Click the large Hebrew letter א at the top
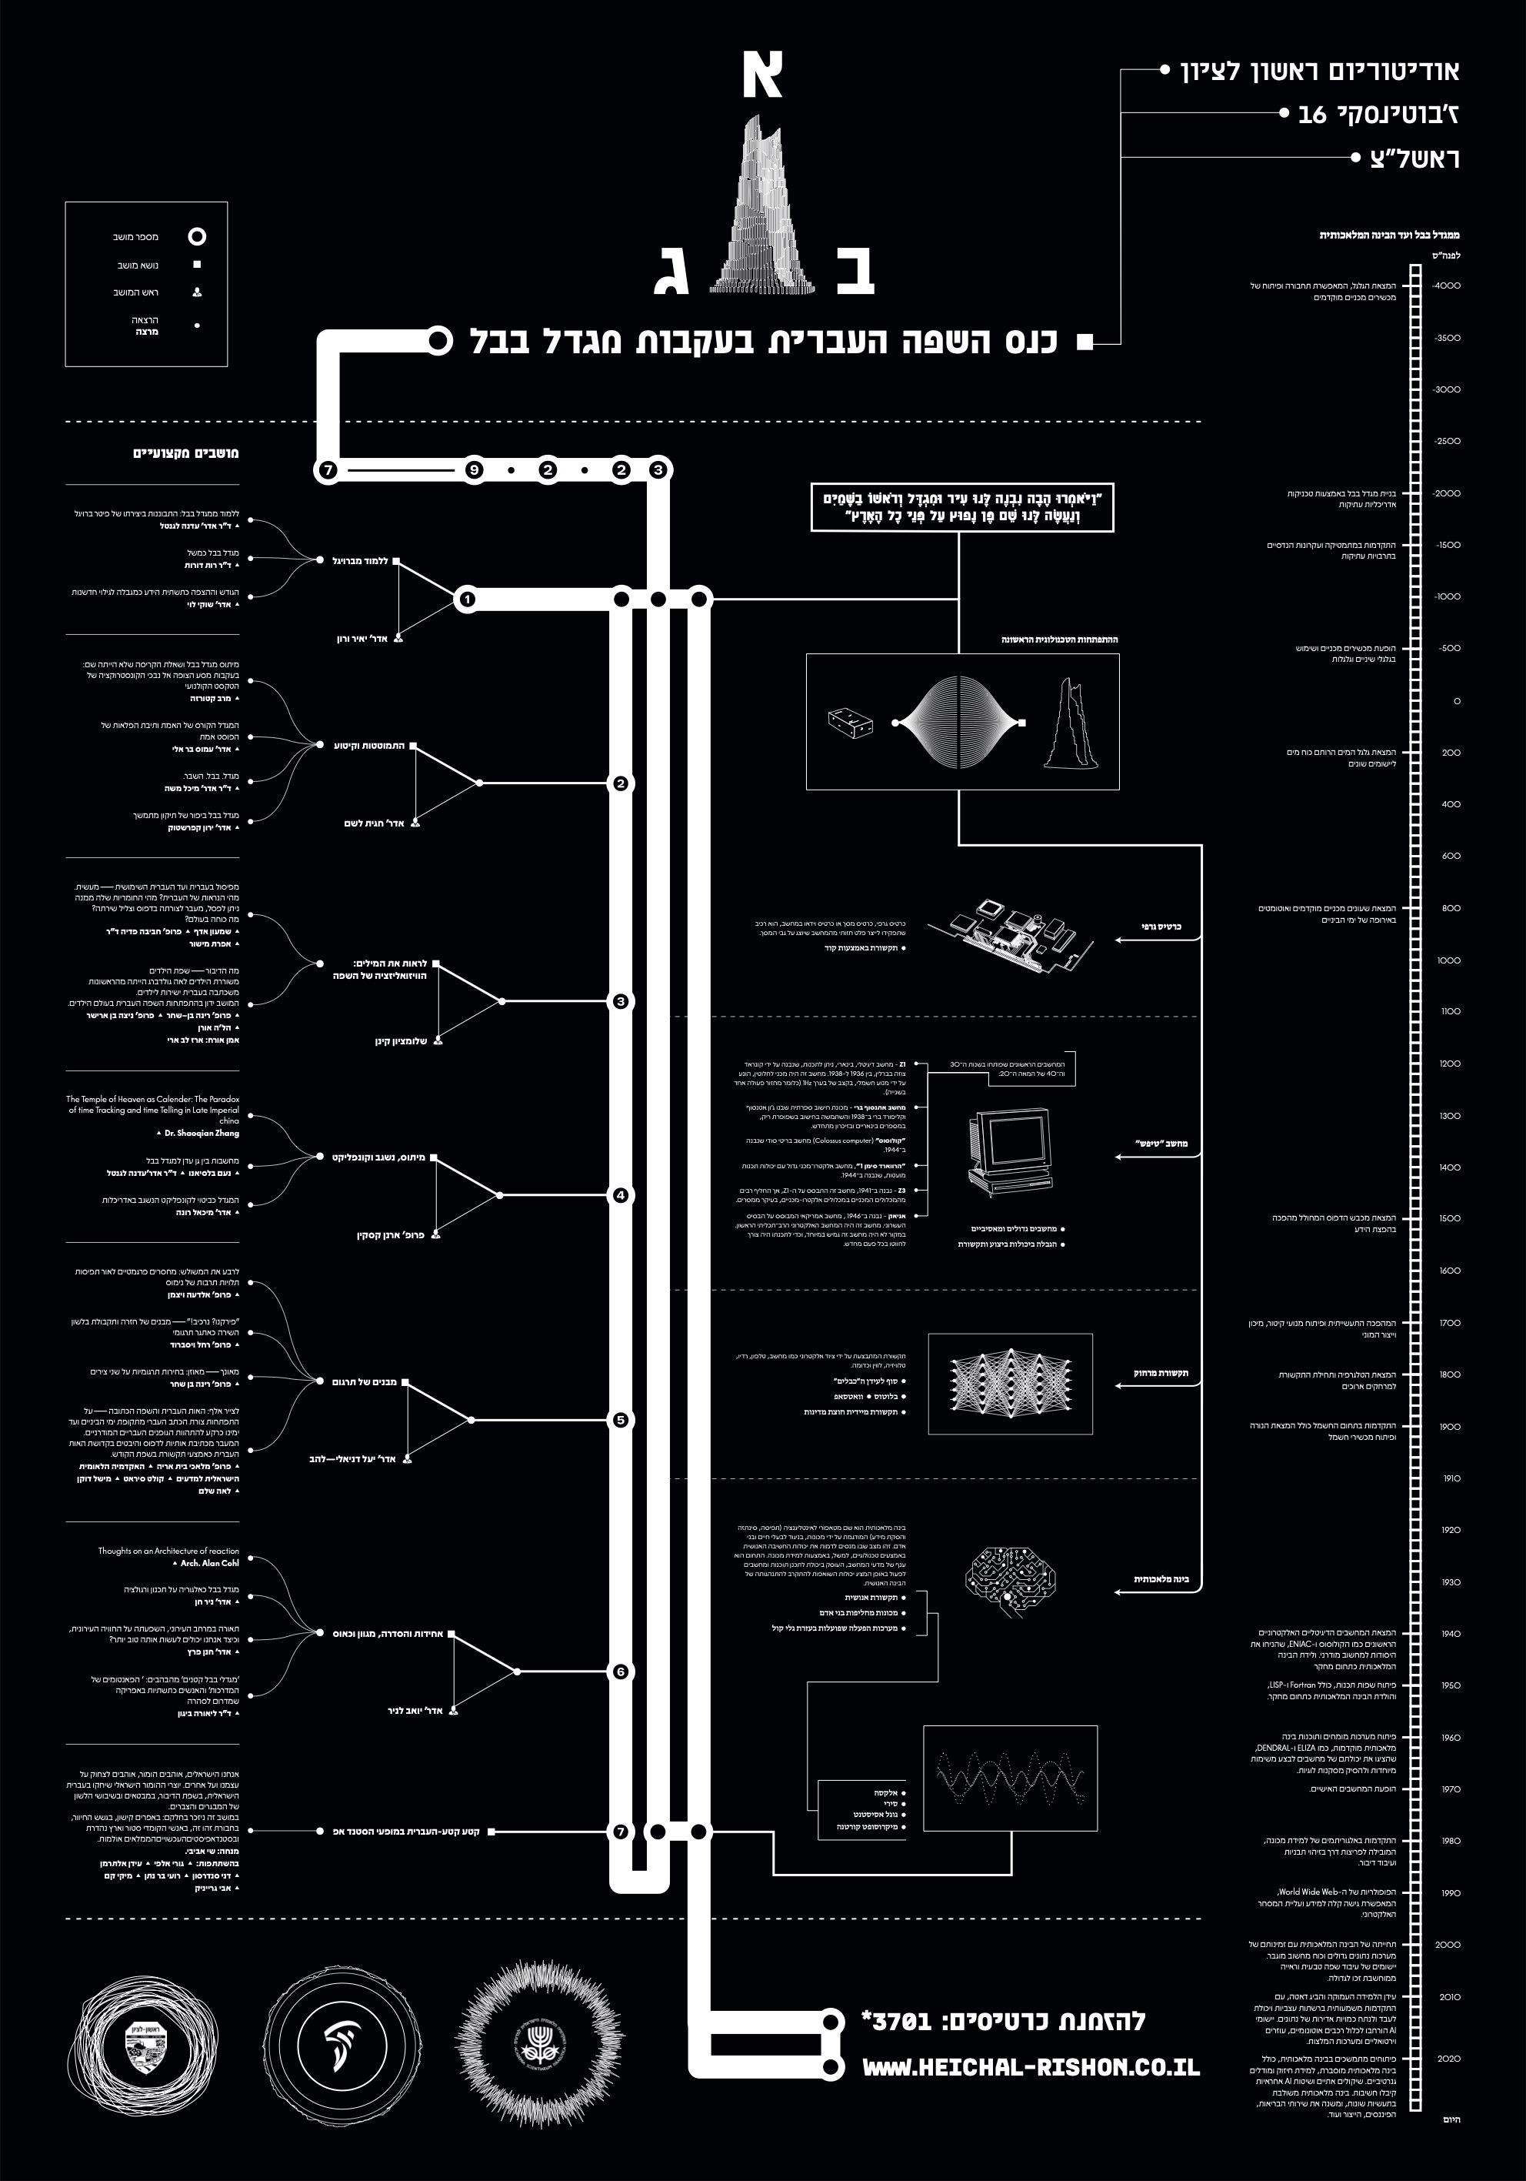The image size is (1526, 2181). [x=761, y=75]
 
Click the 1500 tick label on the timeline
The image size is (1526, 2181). [x=1449, y=1219]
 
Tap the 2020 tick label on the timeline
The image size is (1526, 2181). [x=1448, y=2059]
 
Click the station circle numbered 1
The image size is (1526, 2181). [x=466, y=600]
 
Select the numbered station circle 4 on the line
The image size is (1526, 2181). [x=621, y=1195]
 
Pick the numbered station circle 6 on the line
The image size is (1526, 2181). [x=621, y=1672]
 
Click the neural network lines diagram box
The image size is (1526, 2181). [x=1009, y=1383]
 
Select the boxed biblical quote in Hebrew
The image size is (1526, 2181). [x=962, y=507]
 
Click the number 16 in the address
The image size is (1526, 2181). [x=1311, y=115]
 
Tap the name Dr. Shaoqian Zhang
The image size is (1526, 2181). [x=202, y=1134]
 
